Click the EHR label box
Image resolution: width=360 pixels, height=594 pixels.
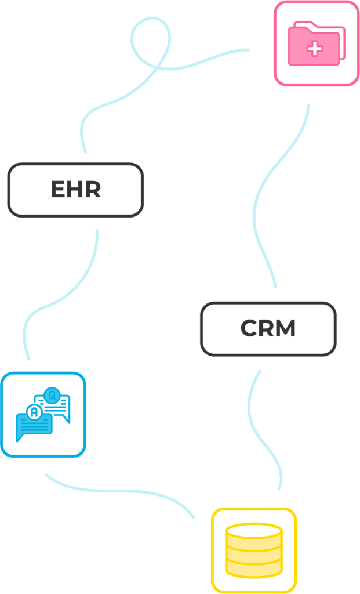[75, 190]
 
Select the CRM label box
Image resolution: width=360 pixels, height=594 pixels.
[268, 328]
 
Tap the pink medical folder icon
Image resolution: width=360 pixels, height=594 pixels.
[316, 44]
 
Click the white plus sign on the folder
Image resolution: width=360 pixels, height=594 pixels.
[315, 49]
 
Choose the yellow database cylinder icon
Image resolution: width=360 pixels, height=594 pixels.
[254, 550]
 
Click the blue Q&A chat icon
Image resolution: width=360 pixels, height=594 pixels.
[43, 415]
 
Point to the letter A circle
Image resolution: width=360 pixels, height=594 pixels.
[35, 412]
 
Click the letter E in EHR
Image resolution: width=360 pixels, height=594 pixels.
[57, 190]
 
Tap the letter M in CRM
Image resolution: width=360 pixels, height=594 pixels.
[284, 329]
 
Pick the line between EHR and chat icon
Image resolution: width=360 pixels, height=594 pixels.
[64, 296]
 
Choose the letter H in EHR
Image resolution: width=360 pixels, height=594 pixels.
[75, 190]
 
